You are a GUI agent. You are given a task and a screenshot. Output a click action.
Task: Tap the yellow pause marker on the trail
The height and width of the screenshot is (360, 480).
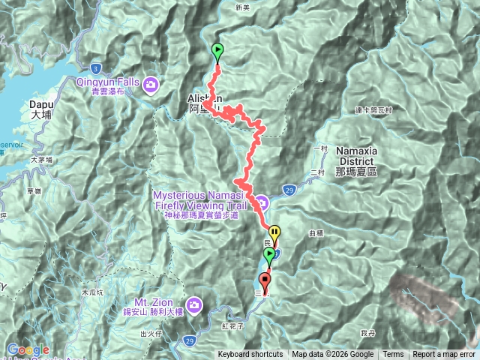pos(274,233)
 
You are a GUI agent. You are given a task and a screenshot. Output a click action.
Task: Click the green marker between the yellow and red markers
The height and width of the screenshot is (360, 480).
pos(269,256)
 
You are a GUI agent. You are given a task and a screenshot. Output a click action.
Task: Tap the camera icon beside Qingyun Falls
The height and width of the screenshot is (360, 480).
pos(152,84)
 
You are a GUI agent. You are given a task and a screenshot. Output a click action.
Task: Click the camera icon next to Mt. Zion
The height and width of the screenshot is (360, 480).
pos(195,304)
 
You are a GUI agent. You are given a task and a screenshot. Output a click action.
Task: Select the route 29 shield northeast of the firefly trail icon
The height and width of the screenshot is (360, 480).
pos(290,191)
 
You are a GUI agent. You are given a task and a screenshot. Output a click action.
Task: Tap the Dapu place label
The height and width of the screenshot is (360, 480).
pos(40,110)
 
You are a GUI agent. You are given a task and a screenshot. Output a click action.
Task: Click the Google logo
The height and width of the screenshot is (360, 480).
pos(28,349)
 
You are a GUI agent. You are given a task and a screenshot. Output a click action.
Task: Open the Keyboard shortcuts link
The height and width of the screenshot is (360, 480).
pos(250,355)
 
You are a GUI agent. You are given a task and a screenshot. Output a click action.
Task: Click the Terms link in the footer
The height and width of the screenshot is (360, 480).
pos(393,355)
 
